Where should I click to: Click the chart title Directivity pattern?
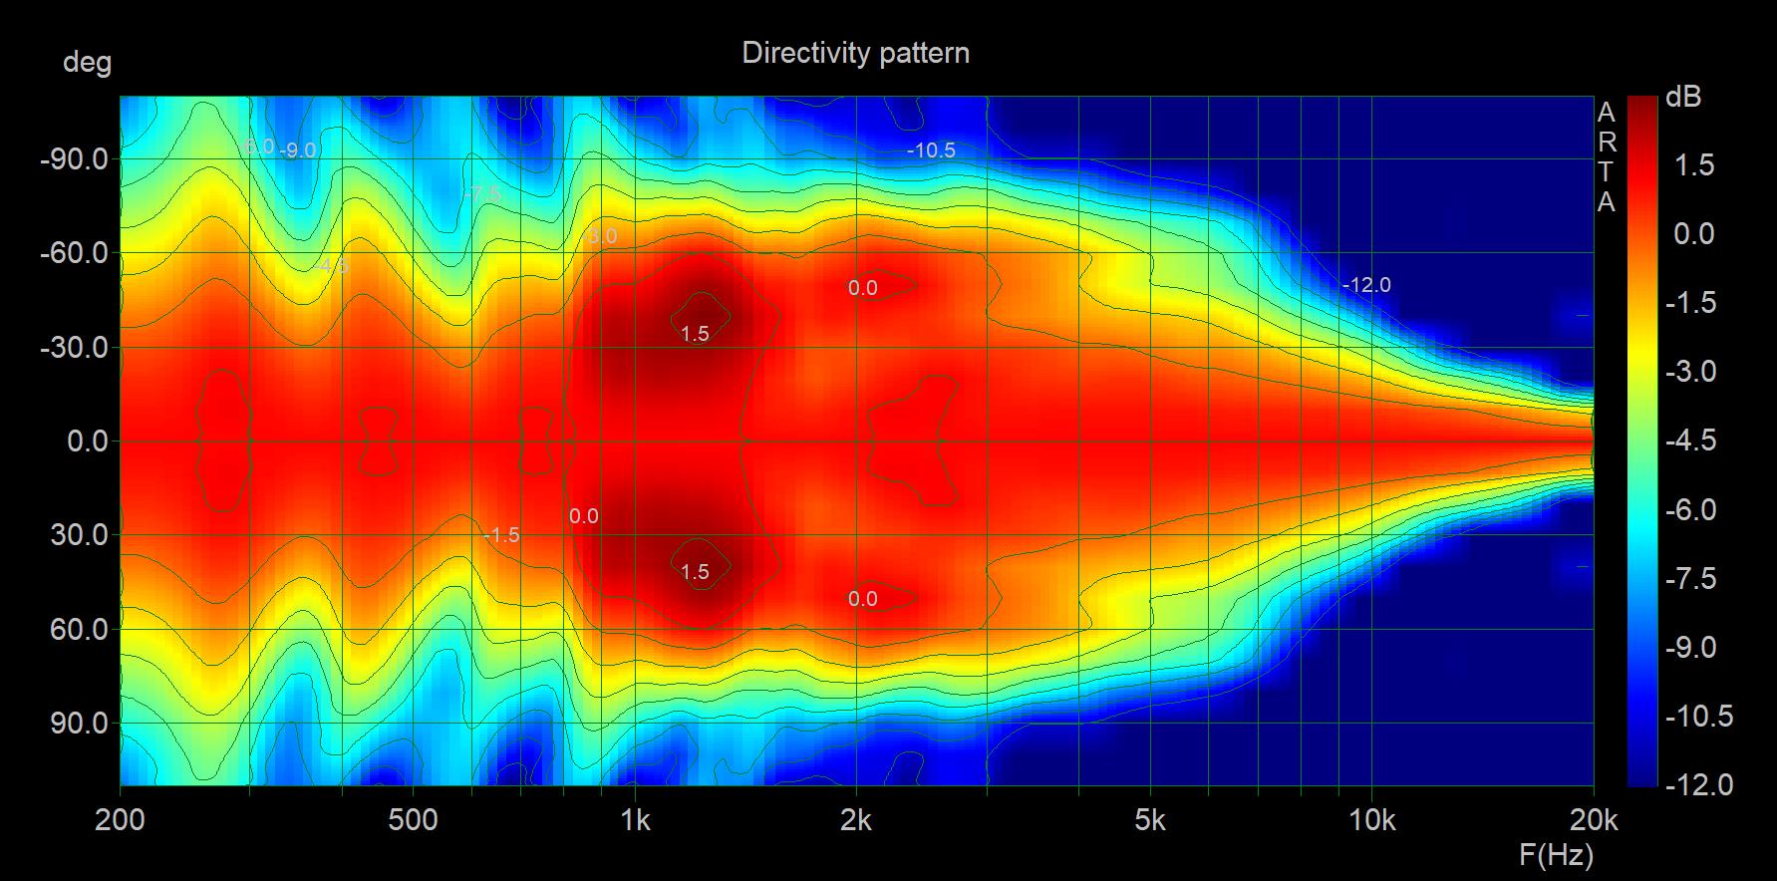[x=855, y=53]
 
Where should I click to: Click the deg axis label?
[x=87, y=63]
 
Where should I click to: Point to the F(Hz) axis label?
[x=1556, y=854]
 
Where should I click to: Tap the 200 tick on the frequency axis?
[x=121, y=820]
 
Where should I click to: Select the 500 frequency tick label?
[x=413, y=820]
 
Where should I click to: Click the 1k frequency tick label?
[x=635, y=820]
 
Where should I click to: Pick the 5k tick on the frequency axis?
[x=1149, y=820]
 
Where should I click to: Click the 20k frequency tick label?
[x=1593, y=820]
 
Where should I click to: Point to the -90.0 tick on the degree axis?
[x=74, y=159]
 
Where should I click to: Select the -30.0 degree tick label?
[x=74, y=348]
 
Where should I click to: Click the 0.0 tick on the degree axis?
[x=87, y=441]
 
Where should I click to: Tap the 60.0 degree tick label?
[x=80, y=629]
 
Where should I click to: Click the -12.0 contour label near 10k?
[x=1366, y=285]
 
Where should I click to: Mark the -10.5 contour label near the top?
[x=931, y=150]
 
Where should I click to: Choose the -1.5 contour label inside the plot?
[x=501, y=535]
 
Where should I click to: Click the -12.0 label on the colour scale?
[x=1698, y=785]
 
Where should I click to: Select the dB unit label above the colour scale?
[x=1683, y=98]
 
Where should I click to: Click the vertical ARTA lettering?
[x=1606, y=156]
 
